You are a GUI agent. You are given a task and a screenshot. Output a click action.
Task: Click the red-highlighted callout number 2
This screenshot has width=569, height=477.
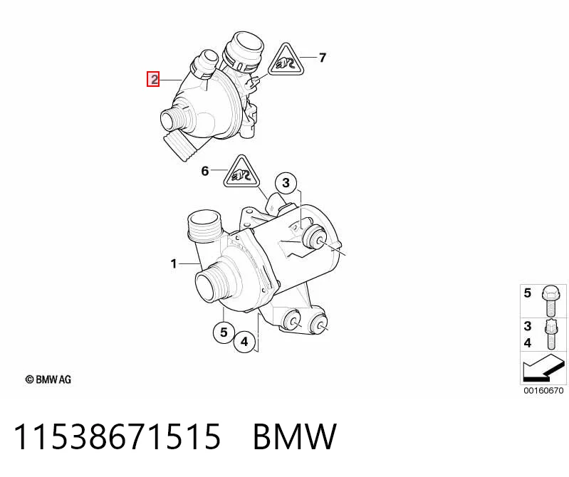click(x=153, y=79)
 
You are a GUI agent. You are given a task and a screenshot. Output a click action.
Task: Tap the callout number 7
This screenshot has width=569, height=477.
click(x=322, y=58)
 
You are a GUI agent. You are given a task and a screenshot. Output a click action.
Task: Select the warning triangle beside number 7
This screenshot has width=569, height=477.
click(x=286, y=61)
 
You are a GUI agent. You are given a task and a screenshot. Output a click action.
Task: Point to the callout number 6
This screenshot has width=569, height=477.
click(x=205, y=170)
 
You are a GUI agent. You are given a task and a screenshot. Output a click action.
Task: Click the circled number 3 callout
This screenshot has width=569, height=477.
click(x=286, y=183)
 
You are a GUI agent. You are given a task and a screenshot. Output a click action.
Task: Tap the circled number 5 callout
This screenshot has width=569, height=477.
click(x=224, y=332)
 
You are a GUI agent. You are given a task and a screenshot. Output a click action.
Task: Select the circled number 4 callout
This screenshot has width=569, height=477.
click(x=244, y=341)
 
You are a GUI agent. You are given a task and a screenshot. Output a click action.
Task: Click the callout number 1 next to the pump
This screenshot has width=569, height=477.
click(x=174, y=263)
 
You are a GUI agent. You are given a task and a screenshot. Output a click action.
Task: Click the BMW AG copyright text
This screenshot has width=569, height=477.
click(x=48, y=379)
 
